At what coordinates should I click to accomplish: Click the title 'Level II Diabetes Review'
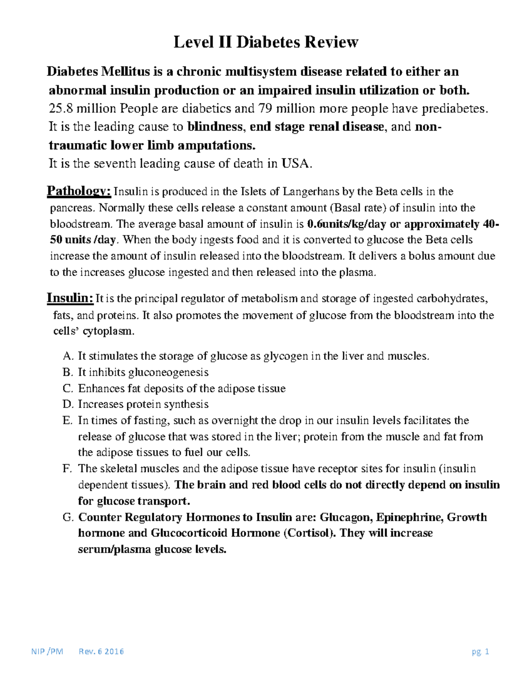[266, 42]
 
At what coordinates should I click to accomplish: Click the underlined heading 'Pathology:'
[79, 191]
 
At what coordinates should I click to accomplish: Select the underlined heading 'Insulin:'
[70, 298]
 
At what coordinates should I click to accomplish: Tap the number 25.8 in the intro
[61, 109]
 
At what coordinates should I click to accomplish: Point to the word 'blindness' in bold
[215, 127]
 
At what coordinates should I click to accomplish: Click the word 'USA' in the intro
[297, 164]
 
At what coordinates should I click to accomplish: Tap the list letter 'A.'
[68, 356]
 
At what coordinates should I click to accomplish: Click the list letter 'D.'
[68, 404]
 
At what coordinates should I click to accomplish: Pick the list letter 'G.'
[68, 517]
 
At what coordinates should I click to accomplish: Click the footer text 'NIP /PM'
[47, 652]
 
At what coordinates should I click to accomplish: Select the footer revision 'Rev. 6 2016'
[101, 652]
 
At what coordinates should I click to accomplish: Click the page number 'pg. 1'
[480, 652]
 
